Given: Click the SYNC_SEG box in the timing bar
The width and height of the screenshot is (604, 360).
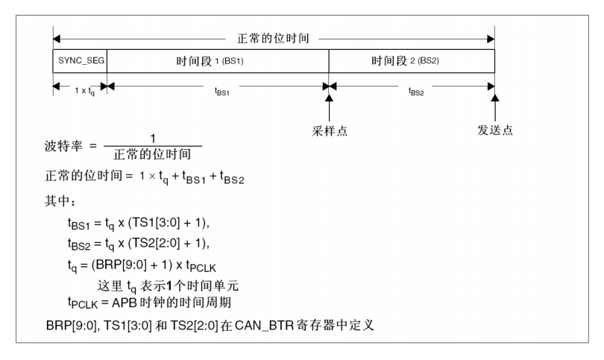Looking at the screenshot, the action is pyautogui.click(x=80, y=61).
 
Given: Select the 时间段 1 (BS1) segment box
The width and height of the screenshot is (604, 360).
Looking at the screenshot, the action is pyautogui.click(x=218, y=61).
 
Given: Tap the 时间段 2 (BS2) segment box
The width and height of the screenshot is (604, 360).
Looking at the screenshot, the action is pyautogui.click(x=412, y=61).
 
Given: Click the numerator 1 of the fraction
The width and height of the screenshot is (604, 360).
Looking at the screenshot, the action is pyautogui.click(x=153, y=138).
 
